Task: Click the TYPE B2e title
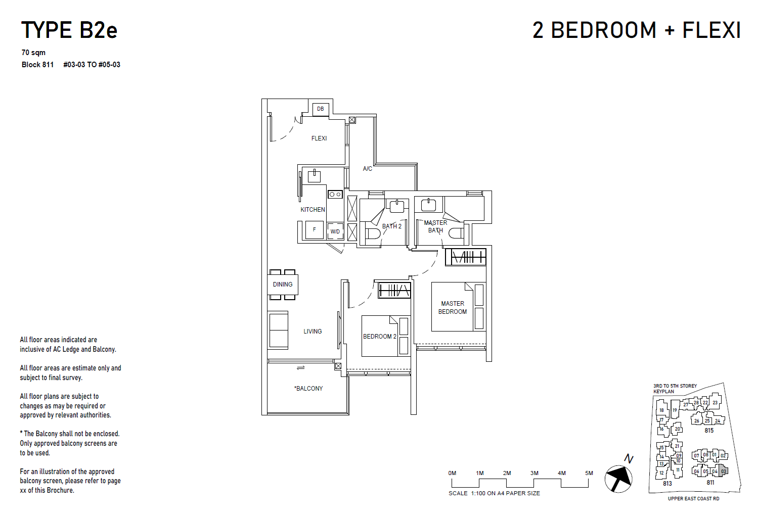(69, 30)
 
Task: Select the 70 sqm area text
(33, 53)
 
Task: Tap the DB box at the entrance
(321, 109)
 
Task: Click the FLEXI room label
(319, 138)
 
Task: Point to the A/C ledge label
(368, 169)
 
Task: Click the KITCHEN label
(312, 210)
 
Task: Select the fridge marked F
(314, 230)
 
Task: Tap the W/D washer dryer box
(335, 231)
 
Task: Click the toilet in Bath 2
(373, 233)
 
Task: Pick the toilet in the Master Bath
(456, 233)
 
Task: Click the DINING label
(283, 285)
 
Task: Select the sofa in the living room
(278, 330)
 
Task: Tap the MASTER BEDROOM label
(453, 308)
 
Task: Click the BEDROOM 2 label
(379, 337)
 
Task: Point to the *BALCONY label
(308, 389)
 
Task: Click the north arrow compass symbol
(618, 478)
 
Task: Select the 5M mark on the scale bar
(589, 474)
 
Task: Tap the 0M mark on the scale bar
(452, 474)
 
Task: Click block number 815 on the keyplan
(709, 431)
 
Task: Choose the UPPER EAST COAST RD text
(693, 499)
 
